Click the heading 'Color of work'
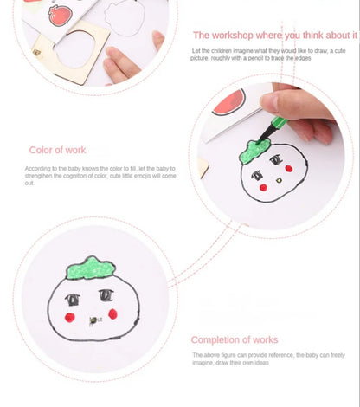pyautogui.click(x=57, y=150)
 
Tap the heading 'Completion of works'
pyautogui.click(x=233, y=339)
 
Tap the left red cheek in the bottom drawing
pyautogui.click(x=68, y=317)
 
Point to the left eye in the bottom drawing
pyautogui.click(x=73, y=300)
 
